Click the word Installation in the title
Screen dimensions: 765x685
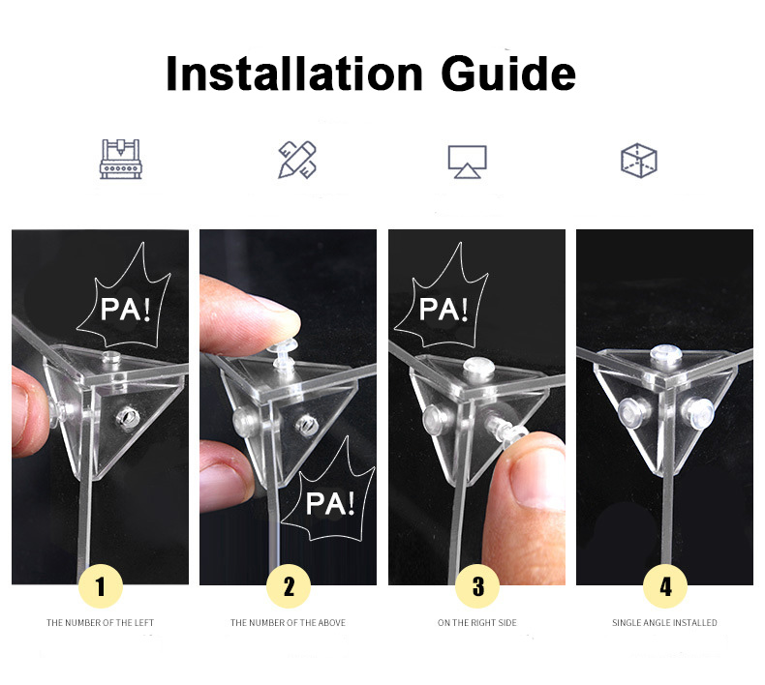294,74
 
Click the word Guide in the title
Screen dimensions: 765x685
508,74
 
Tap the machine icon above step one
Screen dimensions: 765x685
120,159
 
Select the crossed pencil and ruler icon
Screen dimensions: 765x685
297,160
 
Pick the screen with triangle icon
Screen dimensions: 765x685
468,162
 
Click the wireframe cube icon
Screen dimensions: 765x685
639,161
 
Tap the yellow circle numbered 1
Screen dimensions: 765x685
101,586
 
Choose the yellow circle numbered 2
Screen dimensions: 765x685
289,586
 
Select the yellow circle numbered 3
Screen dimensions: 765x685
477,586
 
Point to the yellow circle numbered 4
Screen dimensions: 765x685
665,586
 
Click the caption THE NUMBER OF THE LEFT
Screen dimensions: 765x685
100,622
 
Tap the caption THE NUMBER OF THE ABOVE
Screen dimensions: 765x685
288,622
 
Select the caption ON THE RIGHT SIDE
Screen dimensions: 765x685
477,622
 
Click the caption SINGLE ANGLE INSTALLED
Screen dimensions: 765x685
664,622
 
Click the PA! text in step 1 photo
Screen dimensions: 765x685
125,309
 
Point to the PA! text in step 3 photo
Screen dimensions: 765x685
444,309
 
